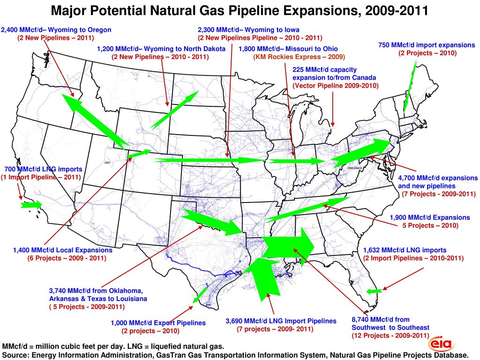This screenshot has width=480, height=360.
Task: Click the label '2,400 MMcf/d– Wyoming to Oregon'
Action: [56, 30]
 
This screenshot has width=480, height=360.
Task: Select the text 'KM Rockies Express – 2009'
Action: [299, 57]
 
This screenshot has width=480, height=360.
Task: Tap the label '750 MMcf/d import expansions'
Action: [427, 45]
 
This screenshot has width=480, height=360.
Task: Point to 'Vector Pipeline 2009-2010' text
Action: [335, 85]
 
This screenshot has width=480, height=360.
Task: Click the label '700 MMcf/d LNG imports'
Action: [43, 169]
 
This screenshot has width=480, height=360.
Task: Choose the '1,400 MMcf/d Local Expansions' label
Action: [62, 250]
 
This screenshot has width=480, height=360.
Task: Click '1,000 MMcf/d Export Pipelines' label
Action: [158, 323]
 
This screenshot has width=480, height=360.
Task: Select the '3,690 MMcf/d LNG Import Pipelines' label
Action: [281, 321]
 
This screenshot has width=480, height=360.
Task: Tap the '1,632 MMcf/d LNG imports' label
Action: [405, 250]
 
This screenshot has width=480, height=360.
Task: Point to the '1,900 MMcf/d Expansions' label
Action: [429, 217]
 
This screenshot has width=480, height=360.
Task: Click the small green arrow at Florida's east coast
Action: [374, 291]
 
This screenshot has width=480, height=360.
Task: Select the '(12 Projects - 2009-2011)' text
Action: [390, 336]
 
